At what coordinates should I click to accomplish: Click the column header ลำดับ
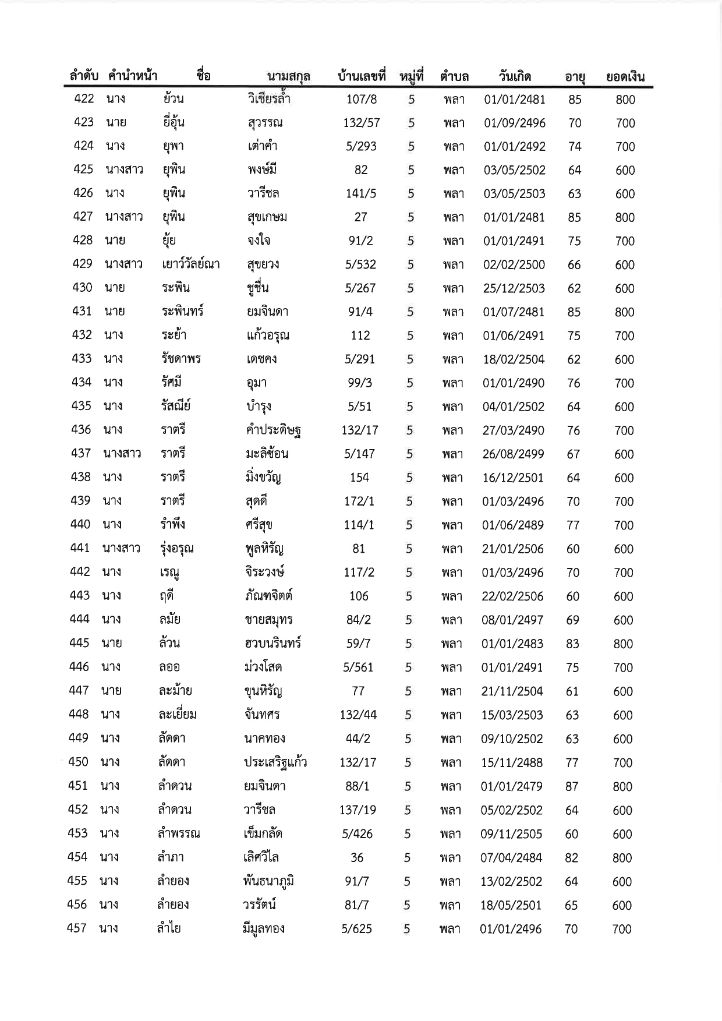click(x=83, y=76)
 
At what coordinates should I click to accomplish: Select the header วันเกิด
click(x=515, y=76)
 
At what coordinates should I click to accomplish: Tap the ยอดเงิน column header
click(x=625, y=77)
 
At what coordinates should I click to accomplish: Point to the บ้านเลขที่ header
click(x=362, y=76)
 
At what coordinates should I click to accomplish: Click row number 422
click(x=84, y=98)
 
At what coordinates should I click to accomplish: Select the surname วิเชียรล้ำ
click(x=268, y=99)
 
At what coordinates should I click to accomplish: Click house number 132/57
click(x=362, y=123)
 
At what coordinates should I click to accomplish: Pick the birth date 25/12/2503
click(x=514, y=288)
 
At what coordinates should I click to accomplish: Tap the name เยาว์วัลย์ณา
click(x=191, y=264)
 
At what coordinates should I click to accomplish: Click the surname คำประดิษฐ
click(x=273, y=430)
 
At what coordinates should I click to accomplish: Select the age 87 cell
click(x=572, y=786)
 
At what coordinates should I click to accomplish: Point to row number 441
click(x=80, y=548)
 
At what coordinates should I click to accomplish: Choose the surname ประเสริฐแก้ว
click(x=275, y=762)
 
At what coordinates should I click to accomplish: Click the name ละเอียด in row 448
click(x=178, y=715)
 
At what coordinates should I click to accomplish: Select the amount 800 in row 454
click(x=622, y=857)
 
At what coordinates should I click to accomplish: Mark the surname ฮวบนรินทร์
click(x=272, y=644)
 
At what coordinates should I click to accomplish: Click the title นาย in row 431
click(x=115, y=311)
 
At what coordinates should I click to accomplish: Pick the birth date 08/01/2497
click(x=512, y=620)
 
